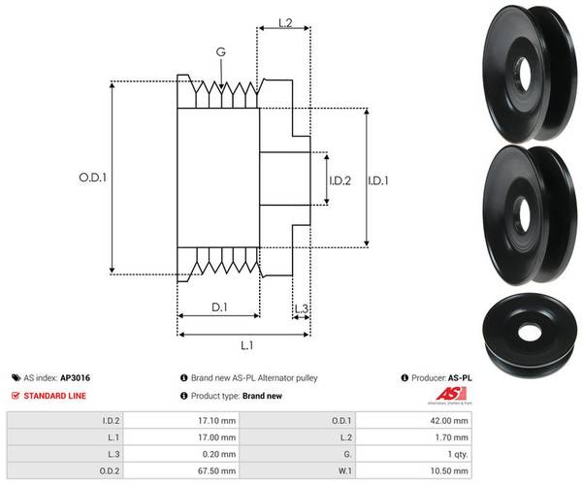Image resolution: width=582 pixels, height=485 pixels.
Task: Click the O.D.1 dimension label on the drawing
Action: [x=91, y=178]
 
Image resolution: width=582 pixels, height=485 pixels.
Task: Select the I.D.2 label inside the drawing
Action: [x=339, y=179]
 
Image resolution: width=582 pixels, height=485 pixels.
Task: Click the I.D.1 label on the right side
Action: [x=380, y=178]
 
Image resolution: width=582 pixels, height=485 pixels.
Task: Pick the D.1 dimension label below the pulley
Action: [x=218, y=307]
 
